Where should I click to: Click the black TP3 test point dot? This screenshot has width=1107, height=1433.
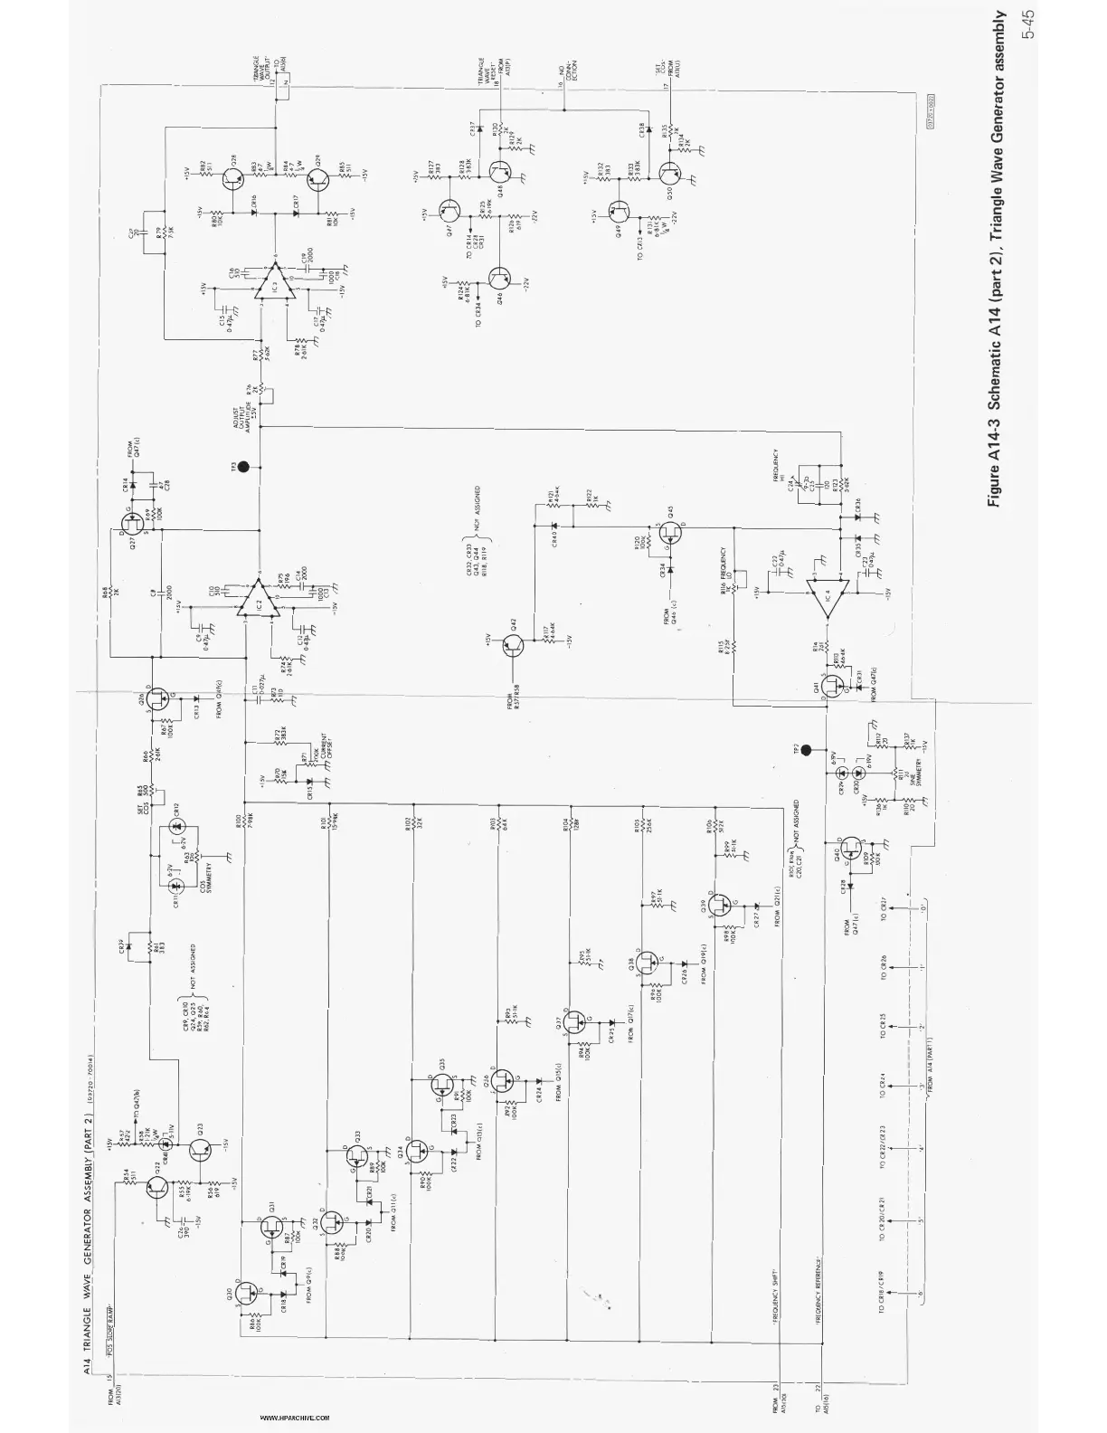point(241,468)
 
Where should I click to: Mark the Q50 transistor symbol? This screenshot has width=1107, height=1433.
point(671,172)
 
